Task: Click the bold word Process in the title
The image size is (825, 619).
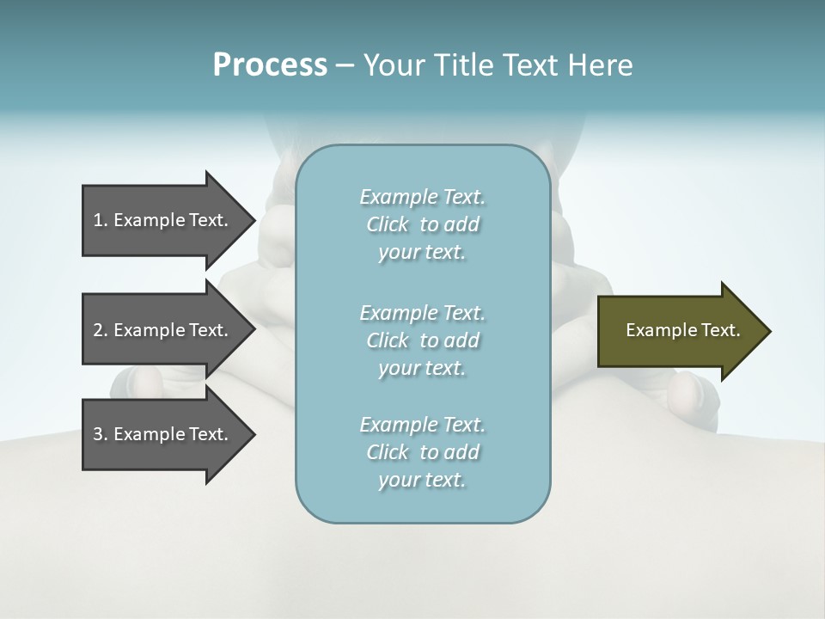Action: pyautogui.click(x=270, y=65)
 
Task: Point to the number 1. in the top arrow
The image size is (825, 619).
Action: pyautogui.click(x=101, y=220)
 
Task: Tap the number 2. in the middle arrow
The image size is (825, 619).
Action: pyautogui.click(x=101, y=330)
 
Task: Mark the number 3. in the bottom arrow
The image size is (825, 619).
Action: pyautogui.click(x=101, y=434)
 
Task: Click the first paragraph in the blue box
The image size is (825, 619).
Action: pyautogui.click(x=422, y=224)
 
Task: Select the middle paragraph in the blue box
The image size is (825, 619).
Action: pyautogui.click(x=422, y=340)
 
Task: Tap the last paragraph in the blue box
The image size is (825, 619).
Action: pyautogui.click(x=422, y=452)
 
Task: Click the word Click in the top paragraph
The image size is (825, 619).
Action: pyautogui.click(x=388, y=224)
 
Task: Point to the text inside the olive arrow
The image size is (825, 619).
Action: pyautogui.click(x=682, y=330)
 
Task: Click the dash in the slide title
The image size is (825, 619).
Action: pyautogui.click(x=345, y=65)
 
